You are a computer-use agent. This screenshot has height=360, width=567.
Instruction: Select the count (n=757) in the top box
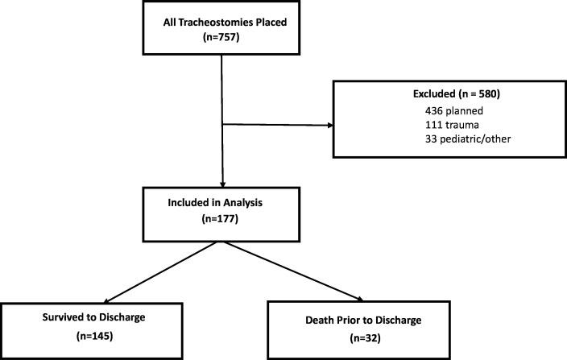tap(220, 36)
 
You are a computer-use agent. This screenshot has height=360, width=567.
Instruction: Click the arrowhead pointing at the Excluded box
tap(332, 125)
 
